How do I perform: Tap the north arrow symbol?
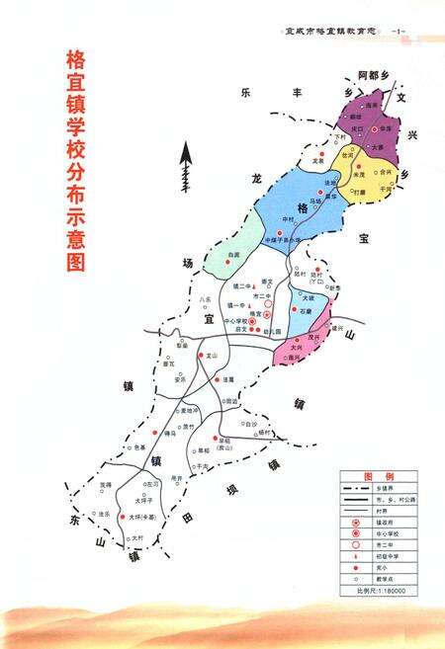pyautogui.click(x=182, y=166)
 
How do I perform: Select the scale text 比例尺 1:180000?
pyautogui.click(x=382, y=591)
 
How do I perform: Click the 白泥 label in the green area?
pyautogui.click(x=233, y=256)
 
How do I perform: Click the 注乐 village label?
pyautogui.click(x=104, y=514)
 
